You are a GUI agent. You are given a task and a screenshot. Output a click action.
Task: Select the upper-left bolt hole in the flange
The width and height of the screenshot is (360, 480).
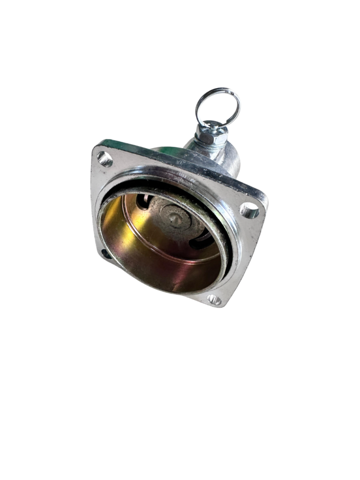pyautogui.click(x=105, y=159)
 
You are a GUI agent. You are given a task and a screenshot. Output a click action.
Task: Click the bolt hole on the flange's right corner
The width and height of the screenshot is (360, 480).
pyautogui.click(x=249, y=210)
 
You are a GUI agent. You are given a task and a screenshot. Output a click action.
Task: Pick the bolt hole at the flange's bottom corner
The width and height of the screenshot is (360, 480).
pyautogui.click(x=214, y=299)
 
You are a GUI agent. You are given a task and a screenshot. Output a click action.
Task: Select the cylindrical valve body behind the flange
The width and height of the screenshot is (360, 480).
pyautogui.click(x=225, y=157)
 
